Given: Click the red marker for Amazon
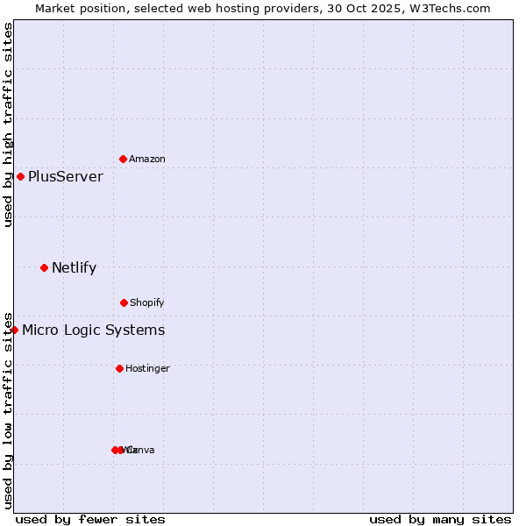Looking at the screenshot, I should (124, 159).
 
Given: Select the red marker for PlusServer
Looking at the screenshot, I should (21, 176).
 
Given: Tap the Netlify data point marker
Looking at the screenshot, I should (45, 267).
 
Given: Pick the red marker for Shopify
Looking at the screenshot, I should (124, 302).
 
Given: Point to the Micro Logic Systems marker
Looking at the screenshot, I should (15, 330).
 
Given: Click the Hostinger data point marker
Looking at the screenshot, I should (119, 368).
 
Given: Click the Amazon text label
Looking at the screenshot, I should (147, 160).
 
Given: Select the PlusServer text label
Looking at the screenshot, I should (66, 177).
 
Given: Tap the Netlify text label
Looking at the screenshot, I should (75, 268).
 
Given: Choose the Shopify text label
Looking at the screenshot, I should (147, 303).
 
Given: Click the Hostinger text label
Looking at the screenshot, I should (147, 369).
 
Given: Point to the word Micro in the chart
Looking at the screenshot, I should (39, 331).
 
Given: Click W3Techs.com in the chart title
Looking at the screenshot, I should (448, 8).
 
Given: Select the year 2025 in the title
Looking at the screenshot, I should (386, 8).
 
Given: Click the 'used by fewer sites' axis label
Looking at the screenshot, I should (90, 519).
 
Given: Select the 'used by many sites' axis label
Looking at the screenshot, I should (440, 519).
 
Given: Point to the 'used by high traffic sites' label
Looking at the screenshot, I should (8, 125).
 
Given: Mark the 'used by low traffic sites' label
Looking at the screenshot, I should (8, 410).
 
